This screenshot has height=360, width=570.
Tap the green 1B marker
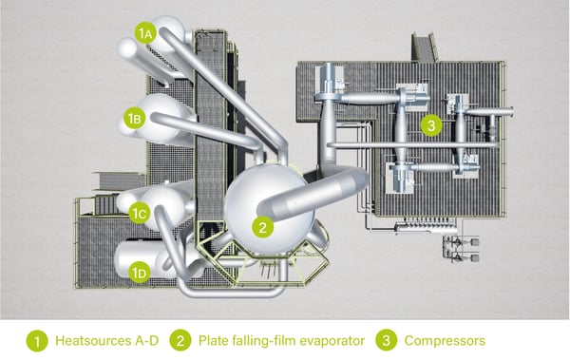coord(135,120)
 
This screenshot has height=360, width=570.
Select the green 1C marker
coord(139,213)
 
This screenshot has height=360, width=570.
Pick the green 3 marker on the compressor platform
coord(431,124)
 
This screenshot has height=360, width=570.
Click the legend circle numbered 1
coord(35,338)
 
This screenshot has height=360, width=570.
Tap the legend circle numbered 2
coord(181,338)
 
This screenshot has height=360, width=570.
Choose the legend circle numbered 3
coord(383,338)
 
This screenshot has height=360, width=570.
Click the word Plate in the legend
coord(213,339)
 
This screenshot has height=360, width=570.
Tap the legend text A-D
coord(142,339)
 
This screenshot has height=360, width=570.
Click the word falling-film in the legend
coord(260,339)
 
